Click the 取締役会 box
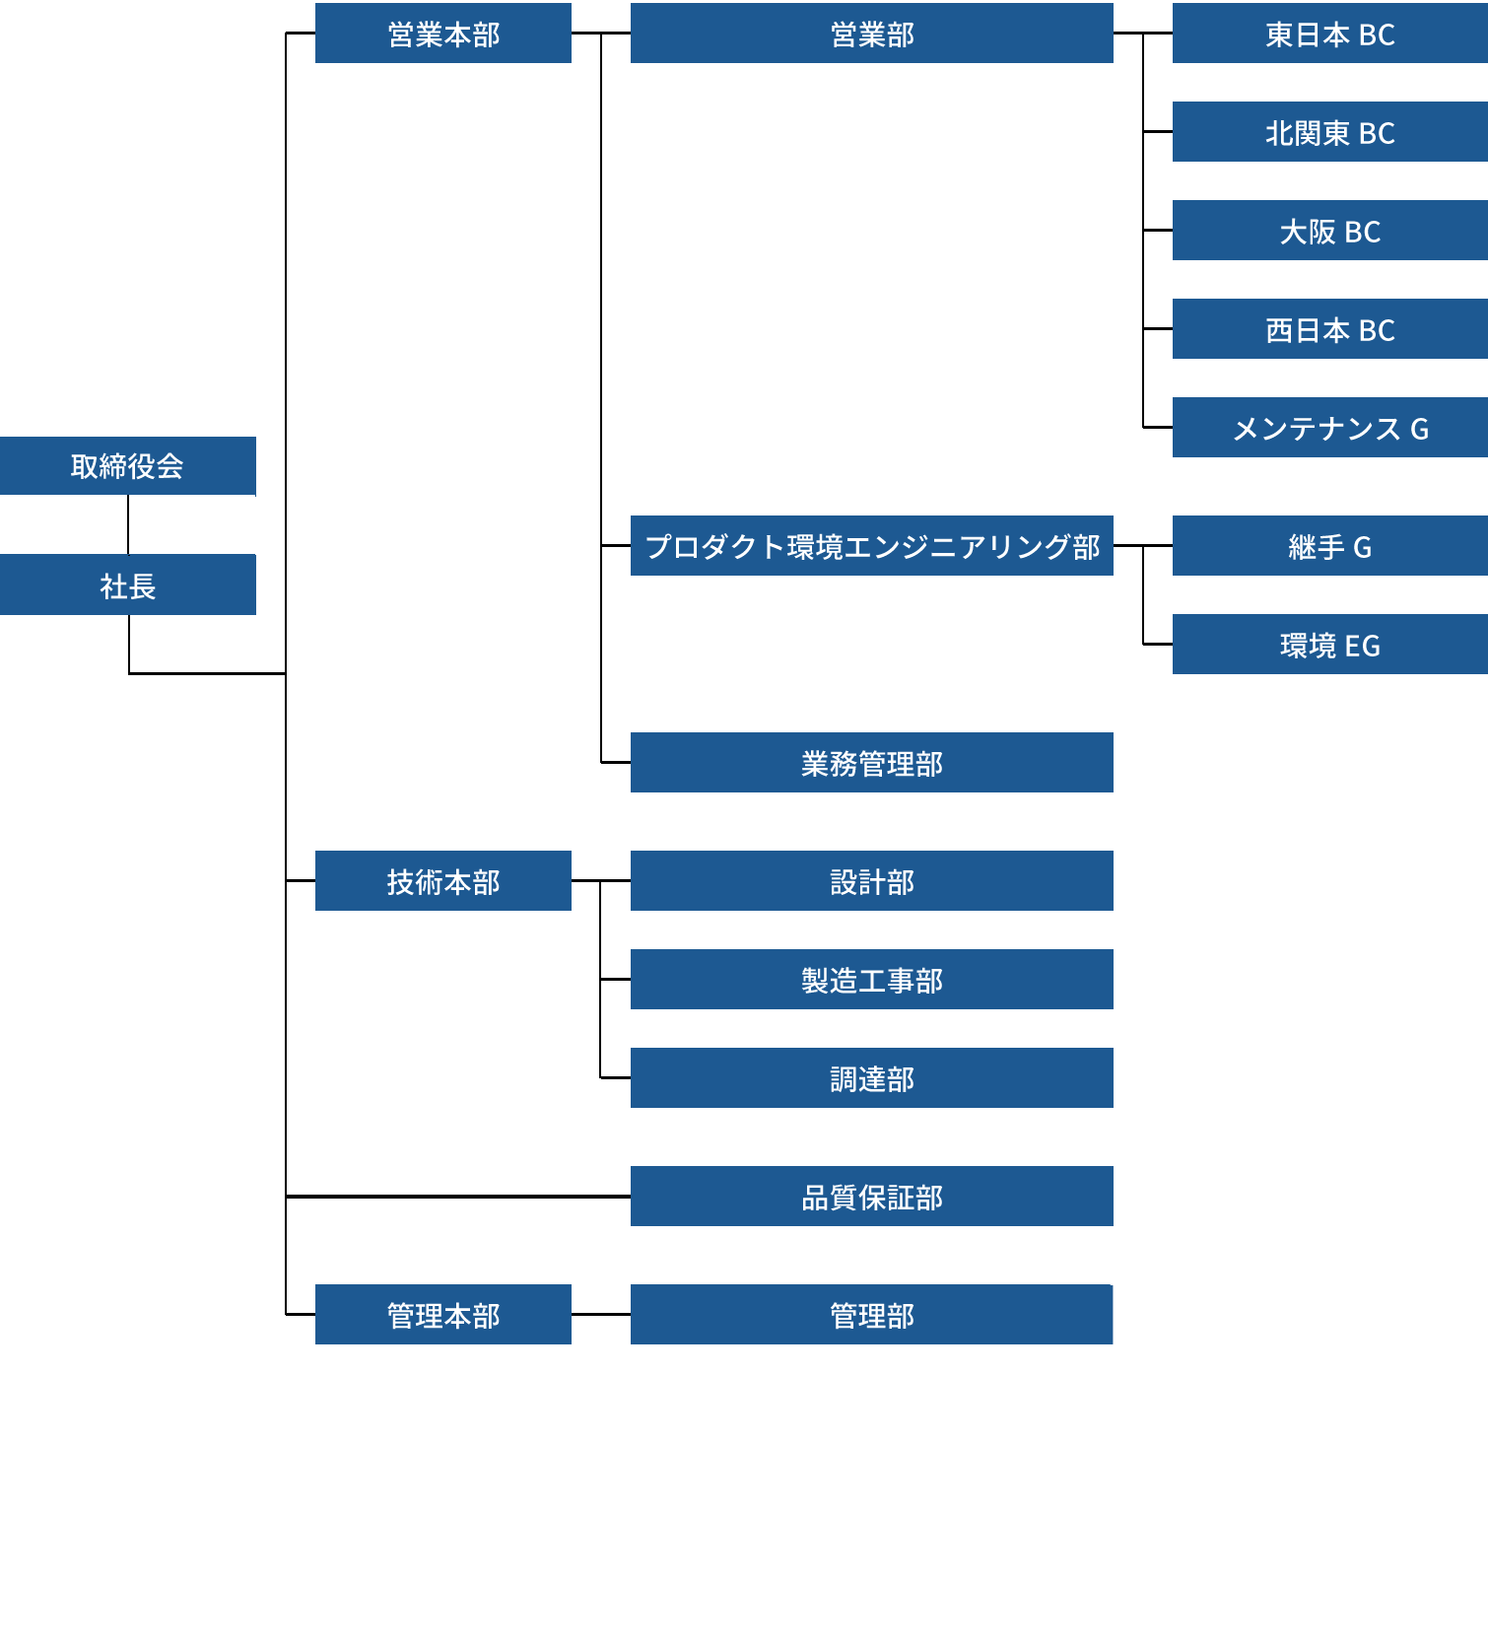[x=127, y=465]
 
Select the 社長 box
[x=127, y=584]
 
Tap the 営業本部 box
[x=442, y=34]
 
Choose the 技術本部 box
[x=442, y=880]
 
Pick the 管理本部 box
[x=442, y=1314]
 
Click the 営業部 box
[x=871, y=34]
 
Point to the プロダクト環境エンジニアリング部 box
[x=871, y=545]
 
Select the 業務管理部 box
[x=871, y=762]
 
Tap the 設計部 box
[x=871, y=880]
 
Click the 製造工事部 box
[x=871, y=979]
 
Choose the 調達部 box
[x=871, y=1077]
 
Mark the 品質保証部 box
[x=871, y=1196]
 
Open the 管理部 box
[x=871, y=1314]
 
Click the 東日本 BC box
[x=1329, y=34]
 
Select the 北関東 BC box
[x=1329, y=131]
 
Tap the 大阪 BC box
[x=1329, y=230]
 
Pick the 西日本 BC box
[x=1329, y=328]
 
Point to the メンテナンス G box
[x=1329, y=427]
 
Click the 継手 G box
[x=1329, y=545]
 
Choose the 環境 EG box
[x=1329, y=644]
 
